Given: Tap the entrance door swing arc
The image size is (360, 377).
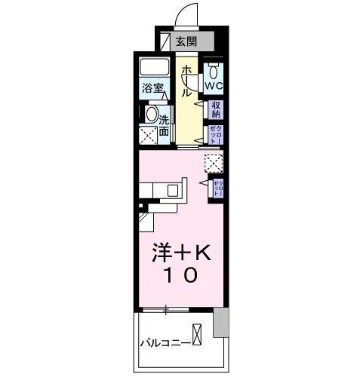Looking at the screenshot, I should [187, 14].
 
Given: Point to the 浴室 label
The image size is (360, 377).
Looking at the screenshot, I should [152, 88].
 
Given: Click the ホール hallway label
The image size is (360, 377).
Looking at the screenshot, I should [186, 81].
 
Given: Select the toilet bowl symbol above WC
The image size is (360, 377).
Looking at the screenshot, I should [215, 72].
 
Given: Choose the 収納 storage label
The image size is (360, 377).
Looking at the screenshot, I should [216, 110].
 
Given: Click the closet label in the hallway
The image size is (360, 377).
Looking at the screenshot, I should [216, 134].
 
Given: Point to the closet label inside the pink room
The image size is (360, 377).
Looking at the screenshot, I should [216, 187].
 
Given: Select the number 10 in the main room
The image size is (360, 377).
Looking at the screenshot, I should [181, 277].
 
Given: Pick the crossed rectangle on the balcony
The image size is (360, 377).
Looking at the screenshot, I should [197, 335].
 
